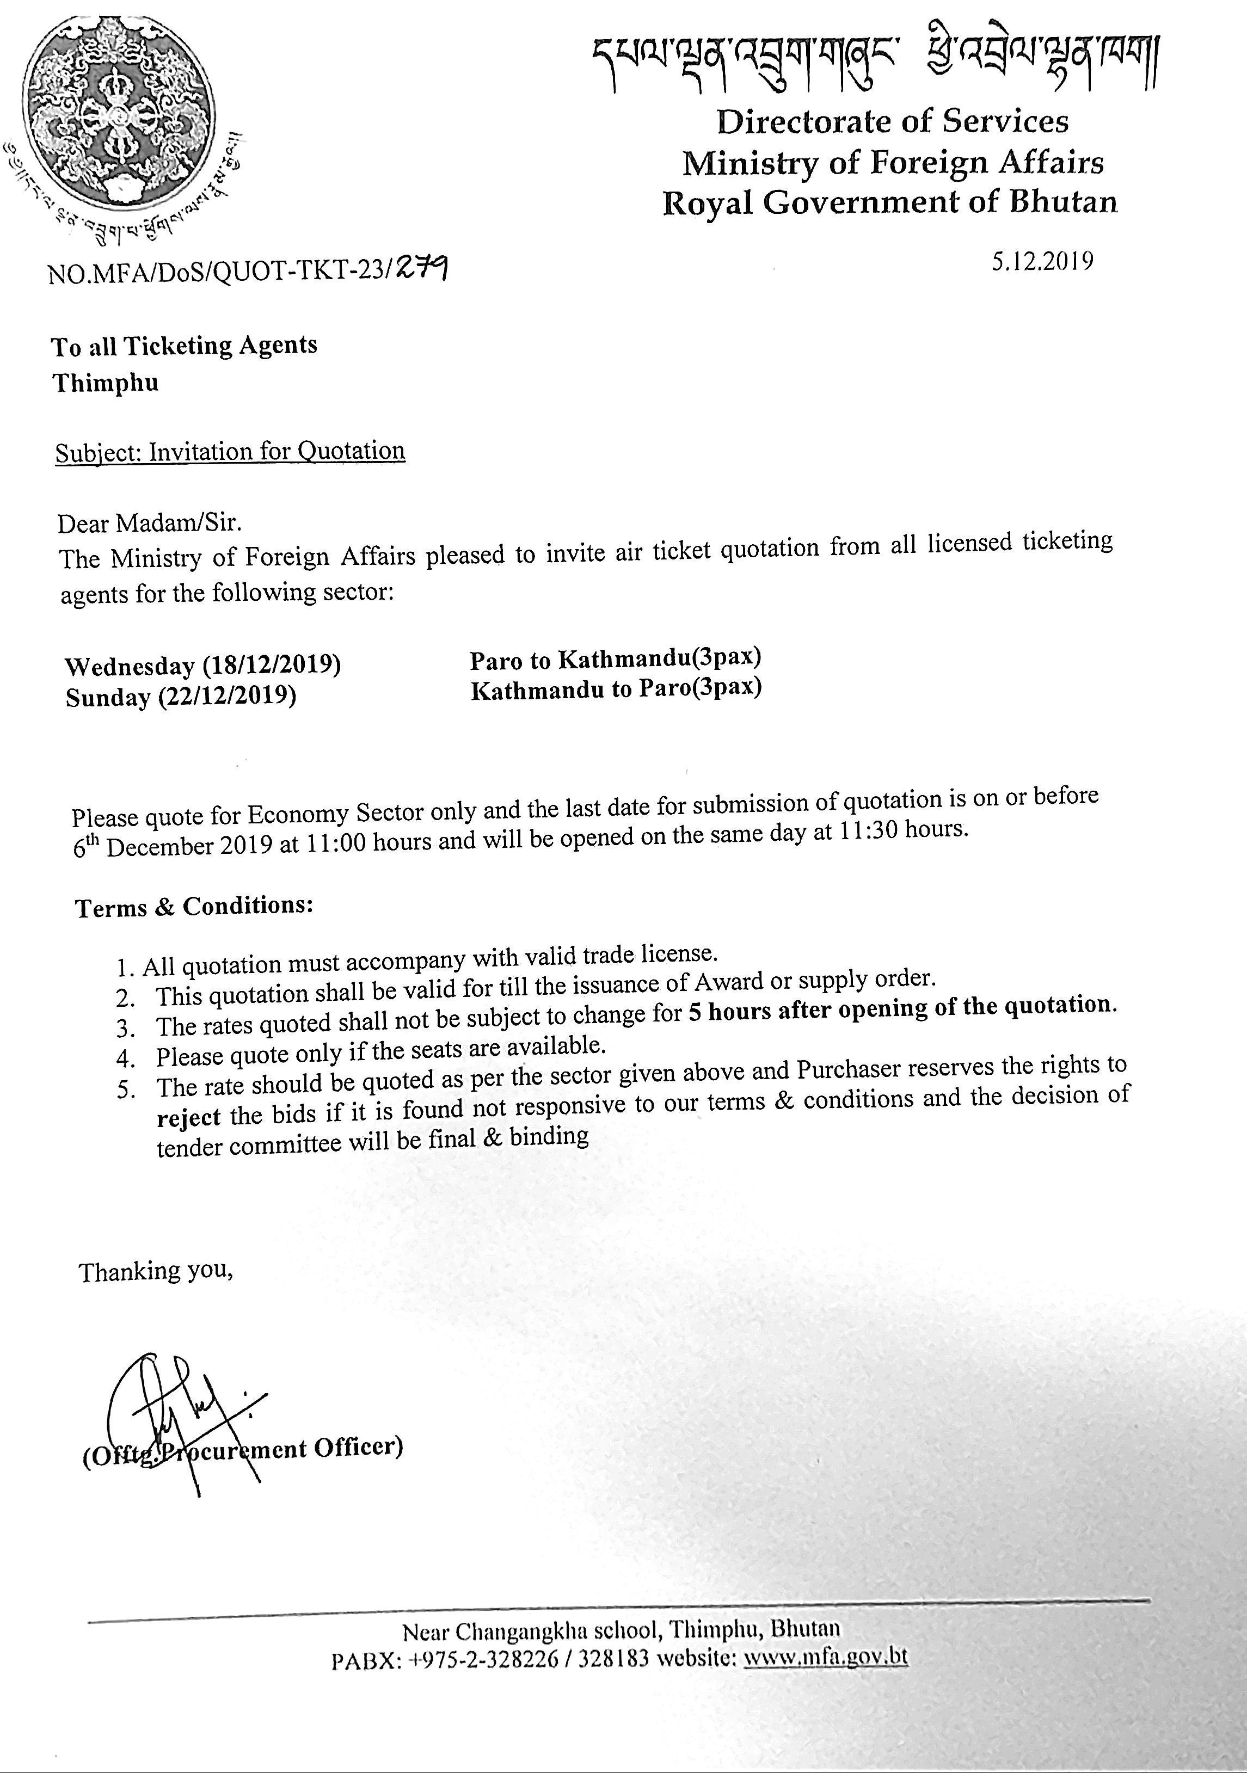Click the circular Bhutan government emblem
coord(118,112)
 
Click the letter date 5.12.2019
coord(1042,262)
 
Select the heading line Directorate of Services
coord(892,121)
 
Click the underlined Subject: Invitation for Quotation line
coord(230,452)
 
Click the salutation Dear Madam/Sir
coord(150,524)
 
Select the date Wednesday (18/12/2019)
coord(203,665)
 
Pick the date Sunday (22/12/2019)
coord(181,697)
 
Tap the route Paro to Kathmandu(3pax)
coord(616,658)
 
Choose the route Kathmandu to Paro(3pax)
coord(616,688)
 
